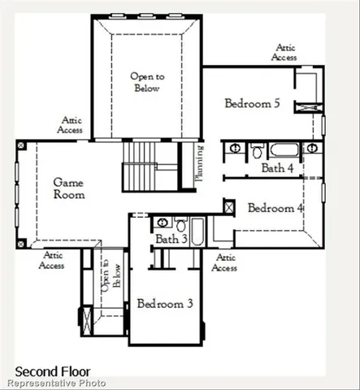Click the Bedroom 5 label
(x=253, y=103)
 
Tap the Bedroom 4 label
(x=275, y=208)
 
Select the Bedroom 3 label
(x=165, y=304)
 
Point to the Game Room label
(x=69, y=188)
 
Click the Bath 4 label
(x=277, y=168)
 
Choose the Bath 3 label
(x=171, y=239)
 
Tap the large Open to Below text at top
(x=148, y=82)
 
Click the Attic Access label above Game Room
(x=71, y=124)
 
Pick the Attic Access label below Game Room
(x=52, y=260)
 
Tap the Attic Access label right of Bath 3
(x=225, y=262)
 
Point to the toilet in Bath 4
(x=256, y=149)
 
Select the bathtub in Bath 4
(x=285, y=149)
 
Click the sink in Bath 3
(x=162, y=222)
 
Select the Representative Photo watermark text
(x=57, y=382)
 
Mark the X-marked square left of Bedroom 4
(x=230, y=206)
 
